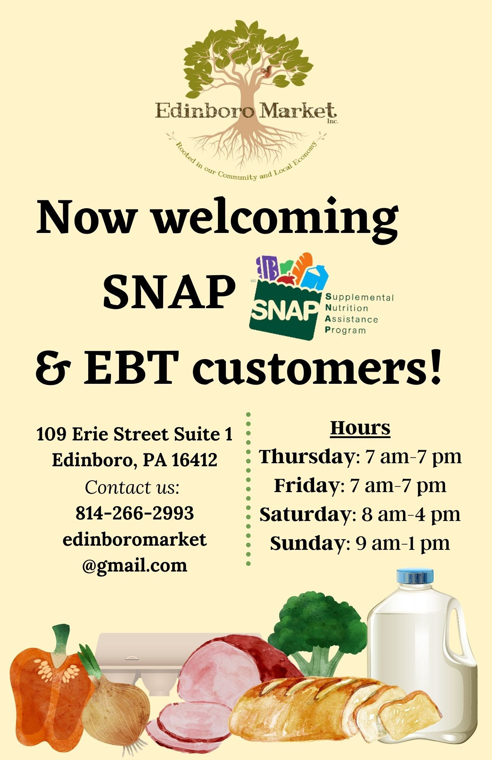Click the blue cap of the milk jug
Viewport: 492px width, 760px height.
pyautogui.click(x=415, y=576)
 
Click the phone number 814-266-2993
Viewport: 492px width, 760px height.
pyautogui.click(x=135, y=513)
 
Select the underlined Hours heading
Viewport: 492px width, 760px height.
pyautogui.click(x=360, y=428)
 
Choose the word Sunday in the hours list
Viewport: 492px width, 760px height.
pyautogui.click(x=307, y=543)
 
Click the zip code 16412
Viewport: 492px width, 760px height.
pyautogui.click(x=194, y=460)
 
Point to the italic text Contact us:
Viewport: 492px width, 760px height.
pyautogui.click(x=132, y=487)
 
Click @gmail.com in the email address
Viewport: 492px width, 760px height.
pyautogui.click(x=135, y=566)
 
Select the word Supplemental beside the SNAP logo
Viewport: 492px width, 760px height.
pyautogui.click(x=359, y=297)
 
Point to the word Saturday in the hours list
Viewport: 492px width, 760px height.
pyautogui.click(x=306, y=515)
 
